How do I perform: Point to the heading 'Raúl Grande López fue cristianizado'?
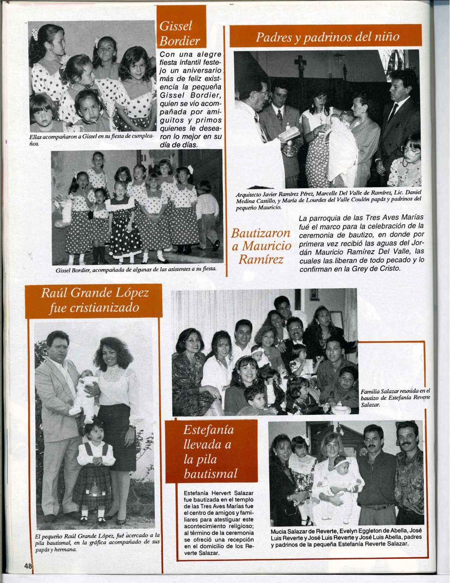(94, 301)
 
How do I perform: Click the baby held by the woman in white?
(344, 475)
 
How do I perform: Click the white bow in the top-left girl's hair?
(36, 34)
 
